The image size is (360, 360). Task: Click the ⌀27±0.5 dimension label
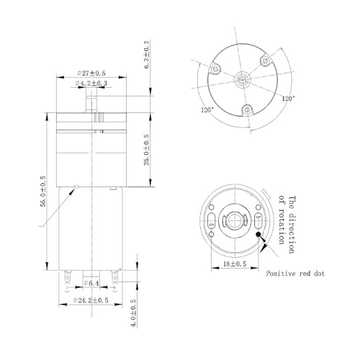coord(91,73)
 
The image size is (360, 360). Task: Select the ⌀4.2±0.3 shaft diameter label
coord(91,83)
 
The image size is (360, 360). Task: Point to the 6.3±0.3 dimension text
coord(146,55)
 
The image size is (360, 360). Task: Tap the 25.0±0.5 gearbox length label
coord(146,150)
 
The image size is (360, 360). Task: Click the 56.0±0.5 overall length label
coord(43,192)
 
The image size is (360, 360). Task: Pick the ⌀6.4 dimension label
coord(91,283)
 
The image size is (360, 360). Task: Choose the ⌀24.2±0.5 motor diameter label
coord(91,300)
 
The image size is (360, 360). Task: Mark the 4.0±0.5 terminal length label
coord(133,312)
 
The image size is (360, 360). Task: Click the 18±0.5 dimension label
coord(235,264)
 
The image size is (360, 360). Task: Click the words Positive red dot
coord(295,274)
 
